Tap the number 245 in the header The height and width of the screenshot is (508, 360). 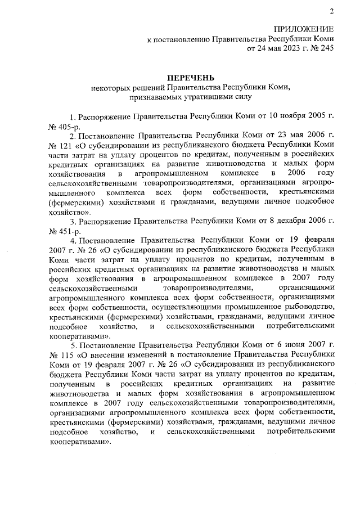point(327,48)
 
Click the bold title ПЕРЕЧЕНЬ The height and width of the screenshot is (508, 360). point(191,77)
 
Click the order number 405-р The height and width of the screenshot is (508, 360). point(67,127)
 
